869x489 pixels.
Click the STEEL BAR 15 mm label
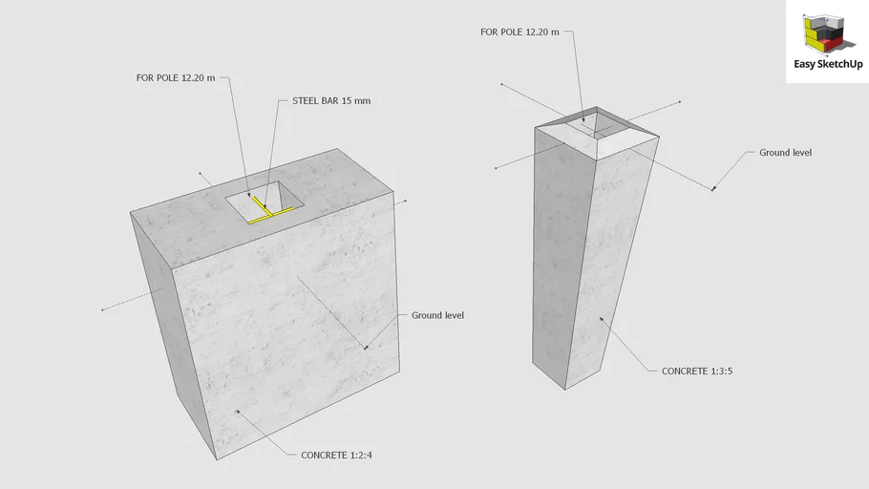pyautogui.click(x=331, y=101)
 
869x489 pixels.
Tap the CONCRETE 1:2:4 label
pyautogui.click(x=336, y=456)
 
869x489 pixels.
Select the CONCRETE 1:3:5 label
pyautogui.click(x=697, y=371)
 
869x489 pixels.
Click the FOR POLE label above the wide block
pyautogui.click(x=176, y=78)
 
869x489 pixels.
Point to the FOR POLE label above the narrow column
pyautogui.click(x=519, y=32)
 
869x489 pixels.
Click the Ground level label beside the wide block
pyautogui.click(x=437, y=315)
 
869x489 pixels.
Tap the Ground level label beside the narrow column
pyautogui.click(x=785, y=153)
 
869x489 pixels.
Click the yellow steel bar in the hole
pyautogui.click(x=268, y=211)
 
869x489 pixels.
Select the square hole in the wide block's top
pyautogui.click(x=265, y=202)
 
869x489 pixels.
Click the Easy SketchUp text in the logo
pyautogui.click(x=828, y=64)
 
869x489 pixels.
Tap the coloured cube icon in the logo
pyautogui.click(x=824, y=34)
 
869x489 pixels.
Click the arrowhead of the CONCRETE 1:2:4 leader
pyautogui.click(x=238, y=412)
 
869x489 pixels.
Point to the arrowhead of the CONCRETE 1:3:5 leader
pyautogui.click(x=601, y=319)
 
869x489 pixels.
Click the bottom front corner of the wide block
pyautogui.click(x=217, y=459)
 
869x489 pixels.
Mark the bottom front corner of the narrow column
pyautogui.click(x=565, y=390)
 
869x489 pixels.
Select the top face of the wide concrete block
pyautogui.click(x=262, y=208)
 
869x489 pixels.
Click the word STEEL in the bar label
pyautogui.click(x=306, y=101)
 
